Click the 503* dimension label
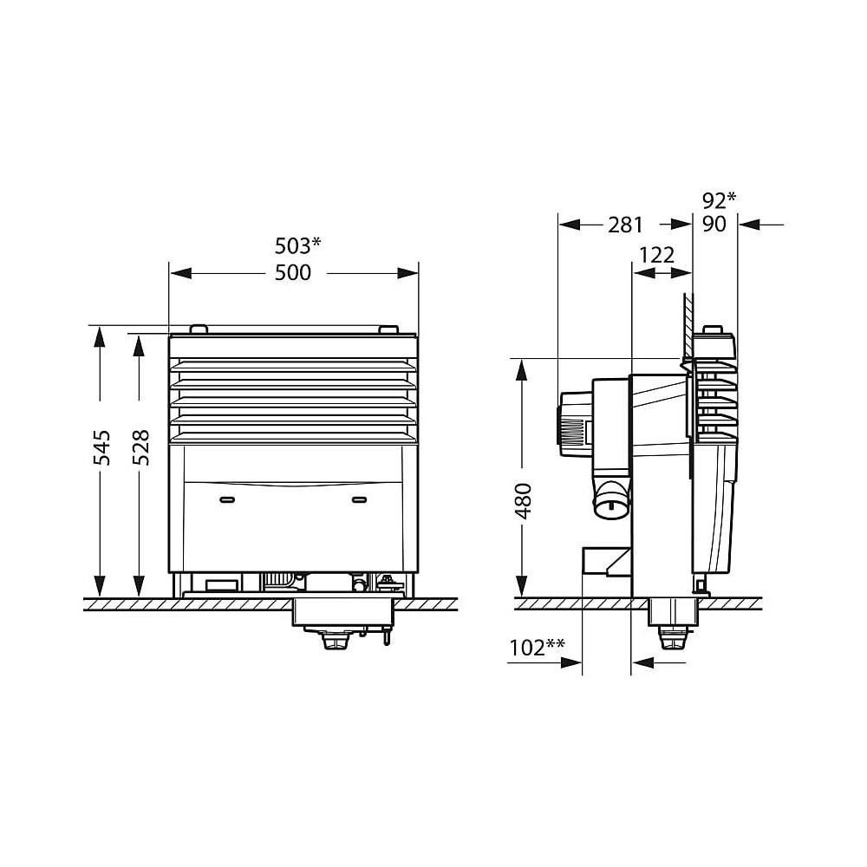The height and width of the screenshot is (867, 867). click(x=297, y=244)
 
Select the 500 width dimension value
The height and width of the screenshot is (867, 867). click(x=292, y=273)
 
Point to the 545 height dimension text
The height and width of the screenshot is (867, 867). click(x=102, y=447)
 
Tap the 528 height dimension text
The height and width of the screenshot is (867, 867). click(x=141, y=447)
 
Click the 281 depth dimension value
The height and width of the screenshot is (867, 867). click(x=624, y=225)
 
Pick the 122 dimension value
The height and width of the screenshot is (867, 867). click(x=656, y=254)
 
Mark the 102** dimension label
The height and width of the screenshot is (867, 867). click(x=538, y=647)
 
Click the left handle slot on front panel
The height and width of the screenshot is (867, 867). click(x=228, y=499)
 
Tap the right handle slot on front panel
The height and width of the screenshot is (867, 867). click(x=359, y=499)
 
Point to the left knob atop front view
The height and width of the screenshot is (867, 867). click(x=198, y=329)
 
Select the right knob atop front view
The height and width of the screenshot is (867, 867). click(x=388, y=329)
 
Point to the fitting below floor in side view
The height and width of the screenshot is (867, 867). click(x=672, y=640)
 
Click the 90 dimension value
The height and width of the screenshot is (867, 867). click(x=716, y=225)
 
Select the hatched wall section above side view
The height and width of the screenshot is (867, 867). click(x=688, y=325)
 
